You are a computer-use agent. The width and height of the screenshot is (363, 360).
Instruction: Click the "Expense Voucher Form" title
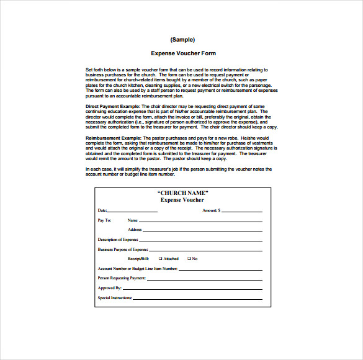click(x=183, y=53)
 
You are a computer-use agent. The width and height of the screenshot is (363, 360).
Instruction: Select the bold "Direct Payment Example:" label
click(x=114, y=107)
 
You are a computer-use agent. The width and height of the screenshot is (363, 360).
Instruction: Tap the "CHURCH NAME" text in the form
click(x=182, y=193)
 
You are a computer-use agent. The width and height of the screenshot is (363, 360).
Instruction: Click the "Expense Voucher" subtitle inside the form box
click(x=182, y=200)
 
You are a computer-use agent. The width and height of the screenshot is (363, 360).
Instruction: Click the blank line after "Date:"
click(x=133, y=212)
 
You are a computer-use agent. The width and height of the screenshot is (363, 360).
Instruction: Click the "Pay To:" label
click(x=105, y=220)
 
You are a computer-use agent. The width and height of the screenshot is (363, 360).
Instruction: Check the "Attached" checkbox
click(x=160, y=259)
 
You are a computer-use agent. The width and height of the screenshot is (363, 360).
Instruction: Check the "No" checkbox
click(x=188, y=259)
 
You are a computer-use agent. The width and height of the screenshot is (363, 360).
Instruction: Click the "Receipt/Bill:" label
click(x=138, y=259)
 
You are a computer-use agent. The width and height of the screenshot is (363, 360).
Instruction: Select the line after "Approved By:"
click(x=192, y=289)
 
